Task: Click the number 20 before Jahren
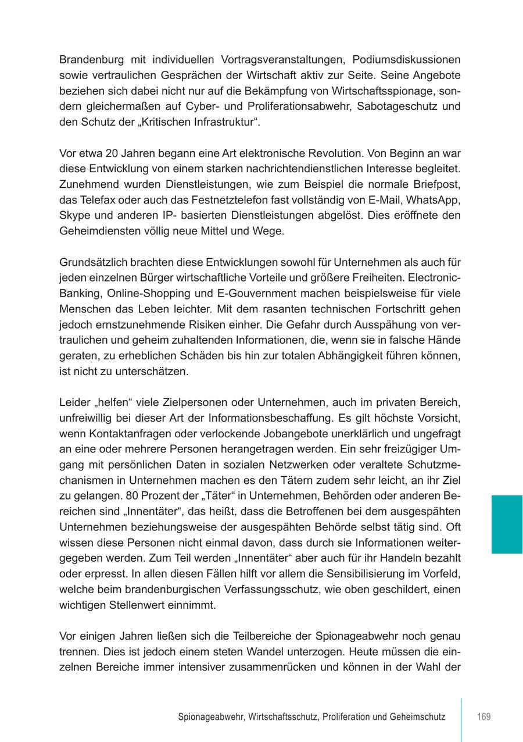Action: (112, 154)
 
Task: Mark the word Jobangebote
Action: (320, 433)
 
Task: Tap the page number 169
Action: (483, 716)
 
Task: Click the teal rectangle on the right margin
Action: (507, 524)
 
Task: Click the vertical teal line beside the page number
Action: (461, 720)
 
